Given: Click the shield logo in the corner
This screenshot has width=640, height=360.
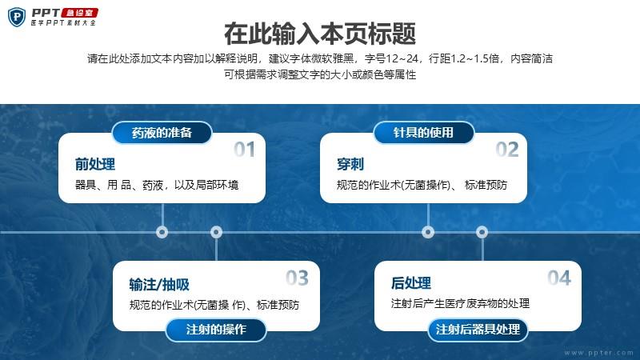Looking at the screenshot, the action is [17, 17].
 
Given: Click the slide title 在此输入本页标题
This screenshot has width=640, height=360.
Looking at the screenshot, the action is [320, 34].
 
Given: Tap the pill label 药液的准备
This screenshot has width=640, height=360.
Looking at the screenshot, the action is [162, 133].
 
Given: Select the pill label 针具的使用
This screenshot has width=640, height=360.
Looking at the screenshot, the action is [424, 133].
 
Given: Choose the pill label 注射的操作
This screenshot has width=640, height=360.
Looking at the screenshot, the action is [216, 330].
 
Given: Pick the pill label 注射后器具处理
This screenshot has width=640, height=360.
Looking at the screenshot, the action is [478, 330].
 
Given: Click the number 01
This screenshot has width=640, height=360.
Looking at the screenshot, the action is [245, 150].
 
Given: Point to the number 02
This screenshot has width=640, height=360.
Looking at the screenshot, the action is [507, 150].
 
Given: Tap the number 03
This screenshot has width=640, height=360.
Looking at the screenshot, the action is [297, 278].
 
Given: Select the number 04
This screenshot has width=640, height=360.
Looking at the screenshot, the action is [559, 278].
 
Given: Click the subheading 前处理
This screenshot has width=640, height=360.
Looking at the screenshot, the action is [95, 164].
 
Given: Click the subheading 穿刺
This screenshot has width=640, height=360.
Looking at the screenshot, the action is [350, 164].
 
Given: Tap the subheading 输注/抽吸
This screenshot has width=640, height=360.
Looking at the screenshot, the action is [159, 285].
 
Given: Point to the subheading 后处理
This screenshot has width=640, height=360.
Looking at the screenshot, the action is [411, 283].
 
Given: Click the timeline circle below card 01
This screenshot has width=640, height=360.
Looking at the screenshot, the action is [162, 232].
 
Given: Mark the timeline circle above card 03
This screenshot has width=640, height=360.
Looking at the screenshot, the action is [216, 232].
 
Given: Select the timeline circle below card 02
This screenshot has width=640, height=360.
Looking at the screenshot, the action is [428, 232].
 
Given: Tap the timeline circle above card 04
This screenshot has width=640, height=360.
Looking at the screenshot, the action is [482, 232].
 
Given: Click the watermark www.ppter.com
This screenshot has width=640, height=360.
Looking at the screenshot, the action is [599, 353].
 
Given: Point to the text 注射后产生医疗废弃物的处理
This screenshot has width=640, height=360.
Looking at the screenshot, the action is [461, 303].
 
